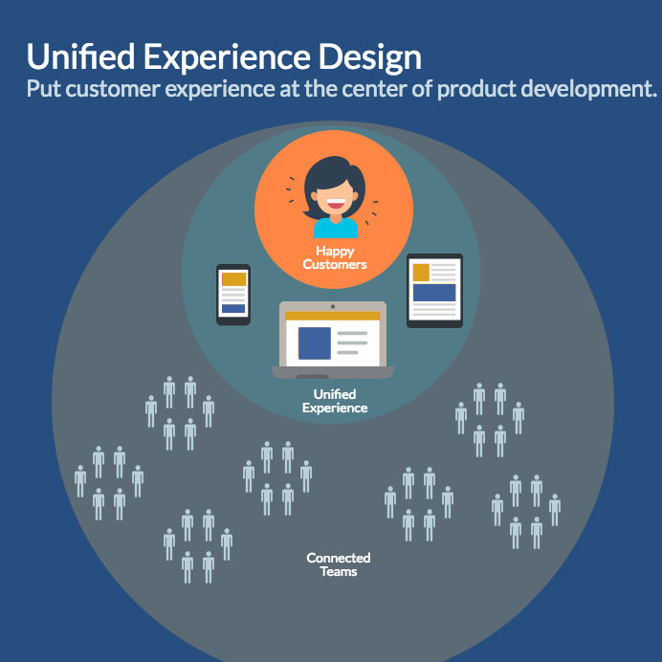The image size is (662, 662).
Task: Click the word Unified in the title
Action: click(80, 56)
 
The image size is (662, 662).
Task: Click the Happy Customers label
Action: click(335, 257)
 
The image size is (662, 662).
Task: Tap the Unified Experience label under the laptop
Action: click(335, 401)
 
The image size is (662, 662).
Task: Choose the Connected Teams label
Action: click(339, 564)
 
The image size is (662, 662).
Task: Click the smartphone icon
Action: click(233, 295)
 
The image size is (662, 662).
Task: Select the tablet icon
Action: click(434, 291)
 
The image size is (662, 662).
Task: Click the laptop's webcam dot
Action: click(333, 306)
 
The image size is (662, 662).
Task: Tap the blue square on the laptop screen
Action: click(315, 343)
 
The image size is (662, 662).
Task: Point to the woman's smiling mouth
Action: click(336, 204)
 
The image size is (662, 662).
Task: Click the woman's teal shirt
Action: click(336, 228)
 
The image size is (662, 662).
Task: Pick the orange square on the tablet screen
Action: click(421, 273)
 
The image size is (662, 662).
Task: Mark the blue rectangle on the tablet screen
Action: click(434, 293)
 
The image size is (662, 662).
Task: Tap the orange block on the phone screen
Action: click(233, 279)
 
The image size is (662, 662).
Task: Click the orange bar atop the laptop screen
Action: click(333, 316)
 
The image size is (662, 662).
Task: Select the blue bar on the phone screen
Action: click(233, 309)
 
